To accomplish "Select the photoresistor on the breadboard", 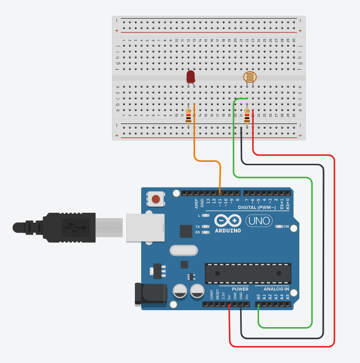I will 248,77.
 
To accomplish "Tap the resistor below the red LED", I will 189,116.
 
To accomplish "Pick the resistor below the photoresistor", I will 247,116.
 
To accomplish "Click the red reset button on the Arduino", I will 156,198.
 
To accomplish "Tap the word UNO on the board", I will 256,221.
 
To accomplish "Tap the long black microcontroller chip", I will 248,273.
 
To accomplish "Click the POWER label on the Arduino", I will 240,289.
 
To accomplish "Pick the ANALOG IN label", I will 276,289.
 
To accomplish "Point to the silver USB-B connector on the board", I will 145,227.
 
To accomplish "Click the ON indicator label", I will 286,226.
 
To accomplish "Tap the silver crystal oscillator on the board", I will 184,250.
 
